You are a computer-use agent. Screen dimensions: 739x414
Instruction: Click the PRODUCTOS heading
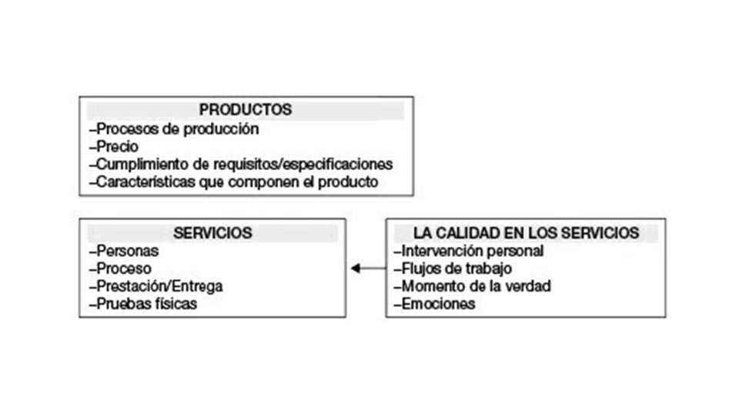[x=245, y=110]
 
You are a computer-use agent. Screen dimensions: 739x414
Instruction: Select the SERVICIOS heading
[x=212, y=233]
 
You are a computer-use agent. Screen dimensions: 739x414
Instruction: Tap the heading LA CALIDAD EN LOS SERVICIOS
[x=526, y=233]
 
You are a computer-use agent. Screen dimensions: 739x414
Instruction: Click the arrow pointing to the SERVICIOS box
[x=369, y=269]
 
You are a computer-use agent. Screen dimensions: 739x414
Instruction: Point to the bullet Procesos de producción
[x=174, y=129]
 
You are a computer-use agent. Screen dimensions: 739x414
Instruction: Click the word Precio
[x=117, y=146]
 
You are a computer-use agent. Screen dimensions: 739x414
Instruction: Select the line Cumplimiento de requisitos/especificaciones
[x=241, y=165]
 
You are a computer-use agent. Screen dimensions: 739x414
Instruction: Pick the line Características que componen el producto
[x=234, y=182]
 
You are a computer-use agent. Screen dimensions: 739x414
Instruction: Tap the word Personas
[x=127, y=251]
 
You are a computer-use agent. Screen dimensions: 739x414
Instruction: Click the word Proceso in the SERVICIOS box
[x=124, y=269]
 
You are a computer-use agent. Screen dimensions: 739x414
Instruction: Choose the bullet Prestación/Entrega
[x=156, y=286]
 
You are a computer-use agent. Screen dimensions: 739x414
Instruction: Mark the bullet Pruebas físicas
[x=143, y=304]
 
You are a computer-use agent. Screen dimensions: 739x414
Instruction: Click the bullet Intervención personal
[x=469, y=251]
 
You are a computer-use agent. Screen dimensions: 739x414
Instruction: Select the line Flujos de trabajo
[x=453, y=269]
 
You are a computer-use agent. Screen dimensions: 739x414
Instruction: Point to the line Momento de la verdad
[x=473, y=286]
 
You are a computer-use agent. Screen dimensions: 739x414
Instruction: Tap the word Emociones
[x=438, y=304]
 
